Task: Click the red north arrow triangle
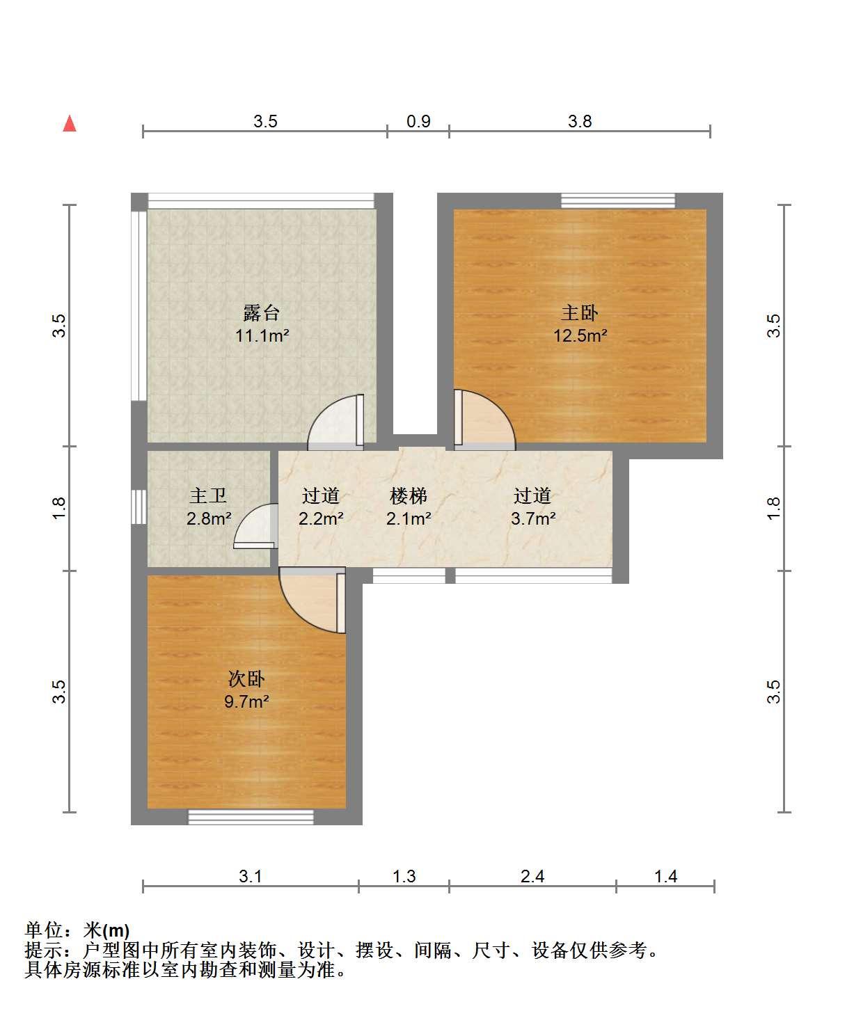(70, 123)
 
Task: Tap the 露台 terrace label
(262, 312)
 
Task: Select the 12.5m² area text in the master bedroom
(580, 335)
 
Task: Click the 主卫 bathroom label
(208, 496)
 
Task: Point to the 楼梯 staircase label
(409, 496)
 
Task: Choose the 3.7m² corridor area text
(533, 518)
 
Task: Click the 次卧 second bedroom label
(246, 678)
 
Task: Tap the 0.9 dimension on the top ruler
(418, 121)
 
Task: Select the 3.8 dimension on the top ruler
(579, 121)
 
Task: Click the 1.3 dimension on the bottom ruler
(404, 876)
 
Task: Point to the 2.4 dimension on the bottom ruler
(532, 876)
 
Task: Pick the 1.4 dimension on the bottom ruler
(665, 876)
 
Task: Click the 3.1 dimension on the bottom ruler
(250, 876)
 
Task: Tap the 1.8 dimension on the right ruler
(773, 509)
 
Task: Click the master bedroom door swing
(484, 420)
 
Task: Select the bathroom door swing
(256, 526)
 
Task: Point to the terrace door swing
(335, 422)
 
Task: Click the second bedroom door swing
(312, 600)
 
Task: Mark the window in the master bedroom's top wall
(618, 201)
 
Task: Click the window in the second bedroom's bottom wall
(251, 817)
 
